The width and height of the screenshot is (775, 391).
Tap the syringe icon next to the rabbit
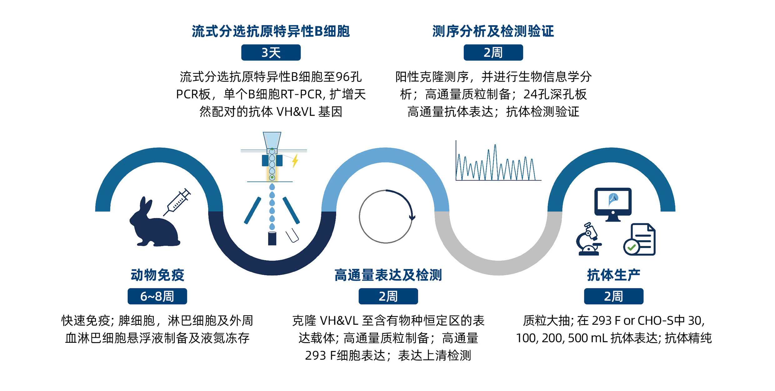pos(177,202)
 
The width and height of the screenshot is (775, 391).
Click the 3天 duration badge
pos(271,53)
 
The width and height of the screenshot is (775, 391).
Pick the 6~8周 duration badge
pos(157,296)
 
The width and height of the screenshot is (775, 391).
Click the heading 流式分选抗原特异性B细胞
pos(271,31)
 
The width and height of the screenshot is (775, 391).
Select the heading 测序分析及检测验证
pos(493,31)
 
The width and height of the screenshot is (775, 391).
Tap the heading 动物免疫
pos(157,275)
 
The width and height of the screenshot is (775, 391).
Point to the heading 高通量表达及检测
pos(388,275)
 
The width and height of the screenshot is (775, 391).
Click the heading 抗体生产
pos(614,275)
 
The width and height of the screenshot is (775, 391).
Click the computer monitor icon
pos(613,205)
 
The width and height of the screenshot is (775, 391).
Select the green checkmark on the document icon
pos(632,247)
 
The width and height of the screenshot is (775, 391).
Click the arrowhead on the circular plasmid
pos(412,217)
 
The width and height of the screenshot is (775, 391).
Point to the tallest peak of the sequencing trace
pos(495,145)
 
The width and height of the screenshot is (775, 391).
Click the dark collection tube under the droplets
pos(272,238)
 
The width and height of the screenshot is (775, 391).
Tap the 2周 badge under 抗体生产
pos(614,296)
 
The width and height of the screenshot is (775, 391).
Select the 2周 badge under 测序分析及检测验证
pos(493,53)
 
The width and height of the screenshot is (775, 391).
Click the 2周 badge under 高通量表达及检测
pos(388,296)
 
